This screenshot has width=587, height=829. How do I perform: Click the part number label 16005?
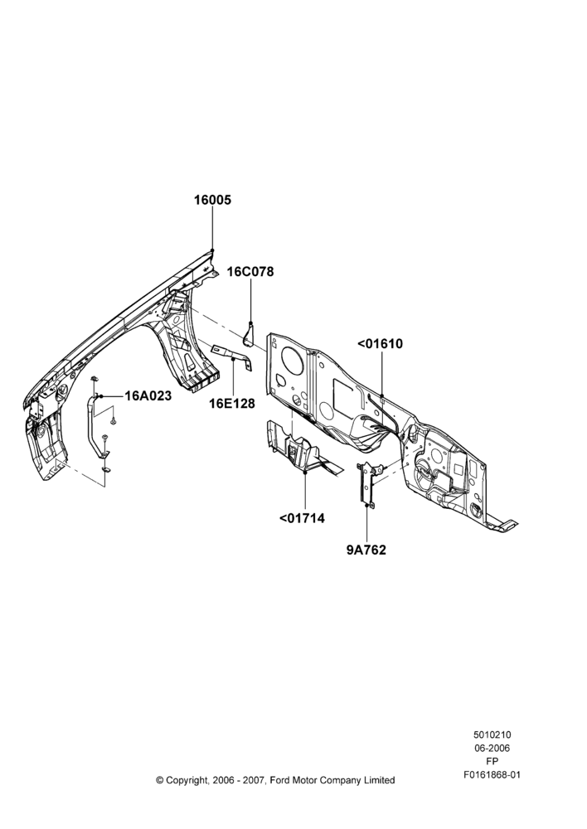pos(212,200)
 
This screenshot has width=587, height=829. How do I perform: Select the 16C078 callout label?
pos(250,272)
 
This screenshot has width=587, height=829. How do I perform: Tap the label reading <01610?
pos(380,344)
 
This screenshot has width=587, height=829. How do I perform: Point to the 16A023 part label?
pos(148,395)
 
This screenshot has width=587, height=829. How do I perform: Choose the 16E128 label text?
pos(231,404)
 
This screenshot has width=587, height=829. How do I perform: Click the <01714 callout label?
pos(302,518)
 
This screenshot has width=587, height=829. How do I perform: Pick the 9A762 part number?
pos(366,550)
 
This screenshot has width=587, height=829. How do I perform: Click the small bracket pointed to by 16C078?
pos(250,334)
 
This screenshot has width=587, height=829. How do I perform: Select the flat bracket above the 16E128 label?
pos(231,356)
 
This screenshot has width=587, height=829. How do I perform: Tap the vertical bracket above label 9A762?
pos(367,484)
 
